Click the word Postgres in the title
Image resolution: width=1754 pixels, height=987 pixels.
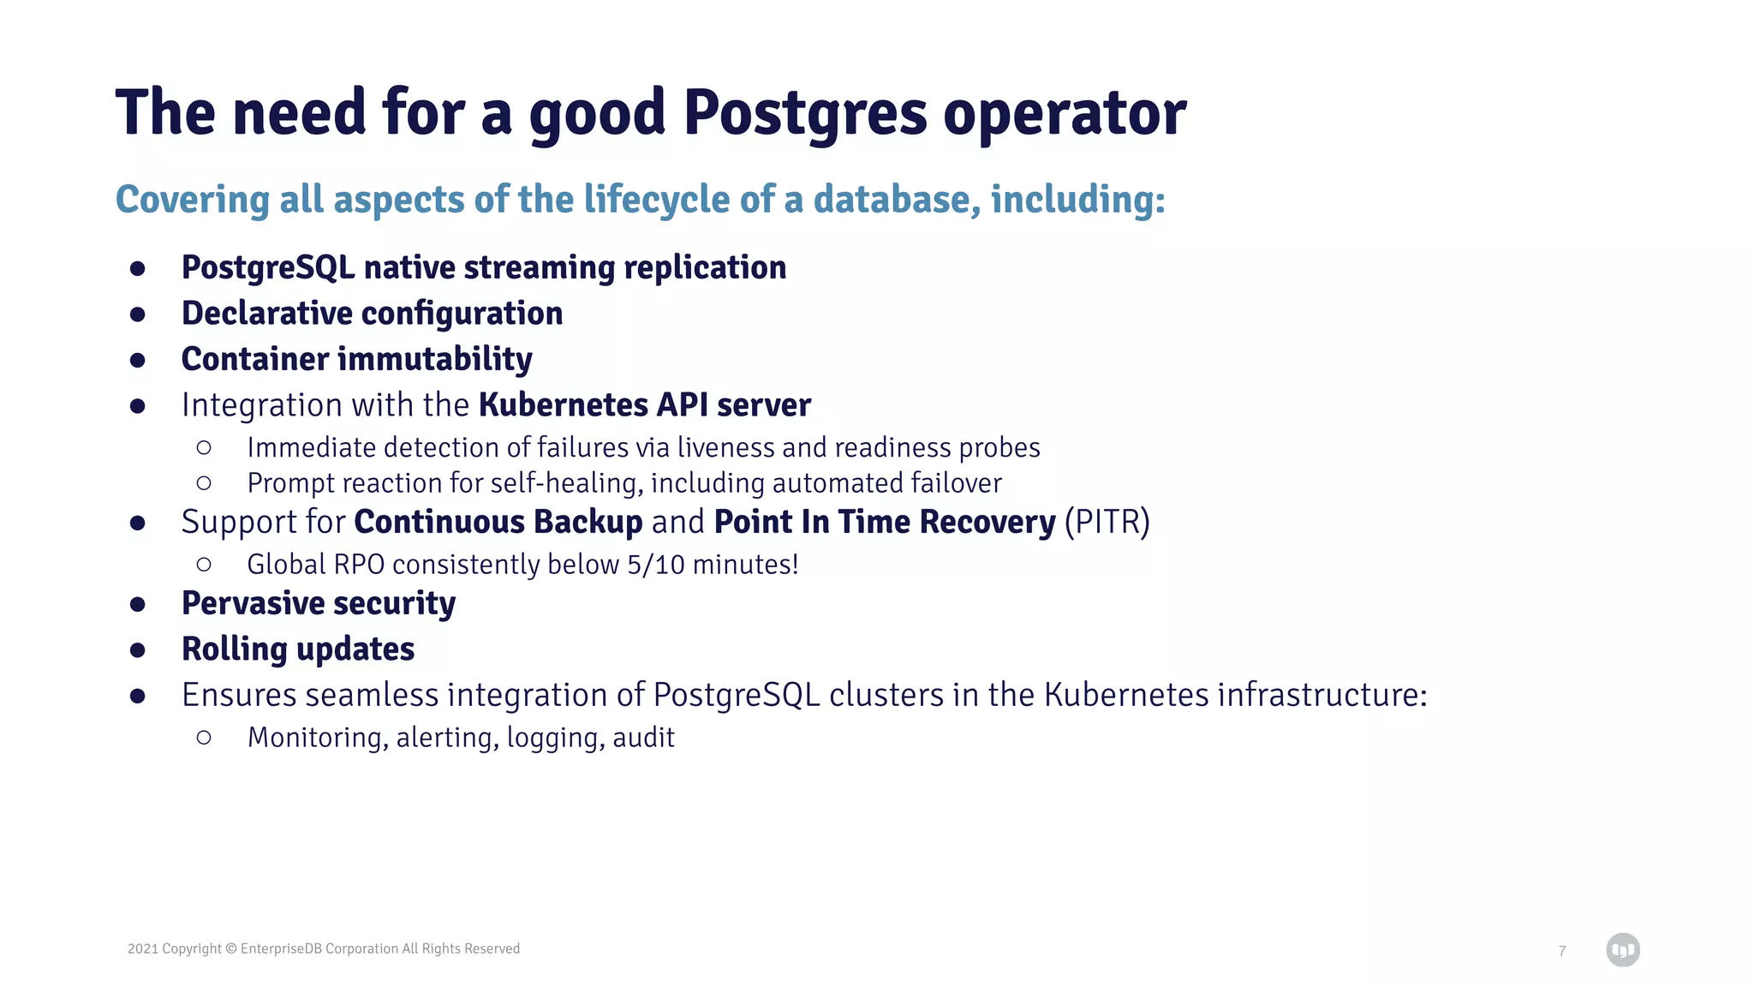pyautogui.click(x=804, y=114)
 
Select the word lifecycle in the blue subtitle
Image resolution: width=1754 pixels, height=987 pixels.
pyautogui.click(x=657, y=200)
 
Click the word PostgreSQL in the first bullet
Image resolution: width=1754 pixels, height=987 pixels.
pyautogui.click(x=267, y=268)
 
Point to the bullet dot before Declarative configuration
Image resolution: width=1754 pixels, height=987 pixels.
pyautogui.click(x=138, y=314)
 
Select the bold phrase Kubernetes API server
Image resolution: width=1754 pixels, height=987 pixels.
pyautogui.click(x=644, y=405)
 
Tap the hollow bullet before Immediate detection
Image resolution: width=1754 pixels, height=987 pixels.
pyautogui.click(x=204, y=447)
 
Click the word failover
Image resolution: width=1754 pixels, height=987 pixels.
pyautogui.click(x=956, y=483)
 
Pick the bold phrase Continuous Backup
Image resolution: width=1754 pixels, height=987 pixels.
pyautogui.click(x=498, y=523)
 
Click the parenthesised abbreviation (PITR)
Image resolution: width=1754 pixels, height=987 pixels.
pyautogui.click(x=1107, y=523)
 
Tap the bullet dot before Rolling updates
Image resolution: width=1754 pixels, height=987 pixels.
pyautogui.click(x=138, y=650)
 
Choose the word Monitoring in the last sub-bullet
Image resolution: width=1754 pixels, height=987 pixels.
pyautogui.click(x=313, y=738)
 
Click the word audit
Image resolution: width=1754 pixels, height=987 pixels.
pyautogui.click(x=643, y=738)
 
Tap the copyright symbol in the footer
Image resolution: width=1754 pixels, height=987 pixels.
pyautogui.click(x=230, y=948)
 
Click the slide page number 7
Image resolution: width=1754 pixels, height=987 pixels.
pyautogui.click(x=1562, y=951)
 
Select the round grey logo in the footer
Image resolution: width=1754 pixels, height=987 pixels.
pyautogui.click(x=1622, y=949)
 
